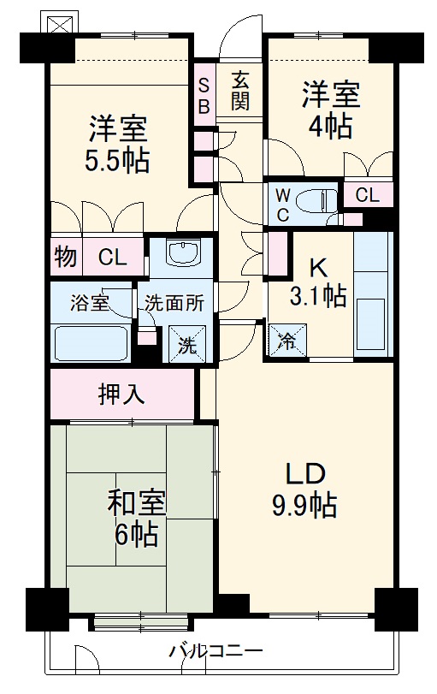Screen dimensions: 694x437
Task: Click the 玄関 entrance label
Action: coord(239,90)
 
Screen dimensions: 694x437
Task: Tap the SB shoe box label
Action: coord(205,94)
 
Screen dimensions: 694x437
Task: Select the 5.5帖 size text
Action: coord(119,160)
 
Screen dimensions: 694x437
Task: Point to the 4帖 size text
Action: coord(330,127)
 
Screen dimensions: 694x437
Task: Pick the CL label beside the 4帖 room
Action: coord(367,195)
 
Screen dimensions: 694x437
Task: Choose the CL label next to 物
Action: coord(111,256)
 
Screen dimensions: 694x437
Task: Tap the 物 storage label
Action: coord(63,256)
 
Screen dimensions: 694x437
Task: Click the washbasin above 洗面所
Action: coord(181,253)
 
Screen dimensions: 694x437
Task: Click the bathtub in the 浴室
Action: coord(91,343)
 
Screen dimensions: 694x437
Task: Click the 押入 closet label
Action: coord(121,394)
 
